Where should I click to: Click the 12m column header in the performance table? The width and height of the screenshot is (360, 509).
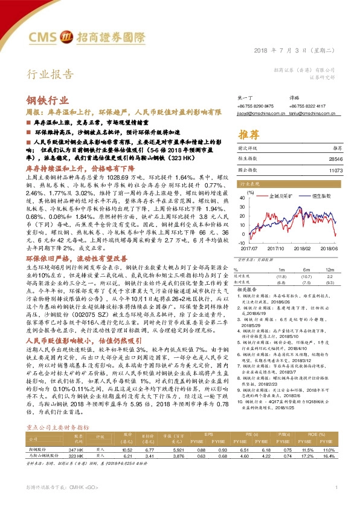(330, 270)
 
